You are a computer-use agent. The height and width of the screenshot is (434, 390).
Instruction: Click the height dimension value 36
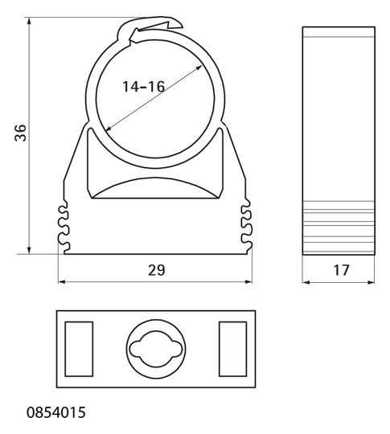(20, 133)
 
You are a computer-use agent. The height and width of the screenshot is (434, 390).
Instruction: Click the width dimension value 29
(157, 270)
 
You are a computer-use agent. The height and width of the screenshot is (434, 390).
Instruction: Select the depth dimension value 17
(341, 270)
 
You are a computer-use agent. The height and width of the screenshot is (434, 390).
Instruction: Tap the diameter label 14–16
(143, 87)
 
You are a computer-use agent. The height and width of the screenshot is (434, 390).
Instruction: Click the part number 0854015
(56, 412)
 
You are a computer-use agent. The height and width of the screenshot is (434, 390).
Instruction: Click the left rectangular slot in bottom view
(79, 349)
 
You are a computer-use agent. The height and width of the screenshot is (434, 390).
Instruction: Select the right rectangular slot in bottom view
(232, 349)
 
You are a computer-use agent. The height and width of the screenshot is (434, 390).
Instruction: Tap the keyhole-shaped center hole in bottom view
(156, 349)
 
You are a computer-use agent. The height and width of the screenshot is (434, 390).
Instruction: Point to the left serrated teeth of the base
(64, 227)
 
